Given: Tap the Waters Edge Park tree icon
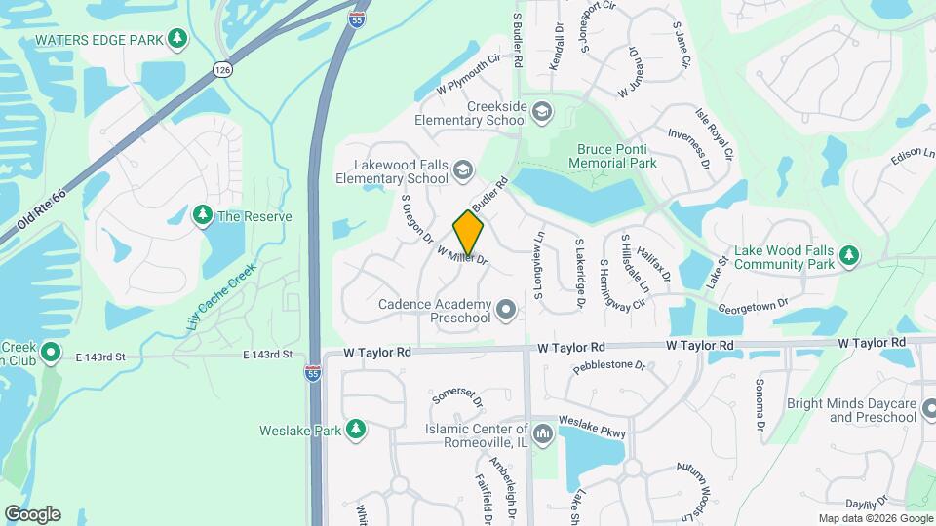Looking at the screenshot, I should coord(177,39).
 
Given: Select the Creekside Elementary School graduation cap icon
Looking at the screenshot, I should coord(541,113).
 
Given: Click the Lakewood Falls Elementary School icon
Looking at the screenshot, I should coord(463,172).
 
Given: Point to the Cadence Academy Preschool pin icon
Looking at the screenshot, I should coord(505,311).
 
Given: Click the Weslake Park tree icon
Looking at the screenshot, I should coord(356,430).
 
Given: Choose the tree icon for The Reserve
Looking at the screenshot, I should coord(203,215).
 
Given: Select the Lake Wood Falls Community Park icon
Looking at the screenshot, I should coord(850,257).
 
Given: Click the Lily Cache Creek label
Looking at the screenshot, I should coord(220,295).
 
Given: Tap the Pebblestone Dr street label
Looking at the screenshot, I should coord(609,367).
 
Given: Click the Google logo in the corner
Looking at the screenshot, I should coord(32,514).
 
